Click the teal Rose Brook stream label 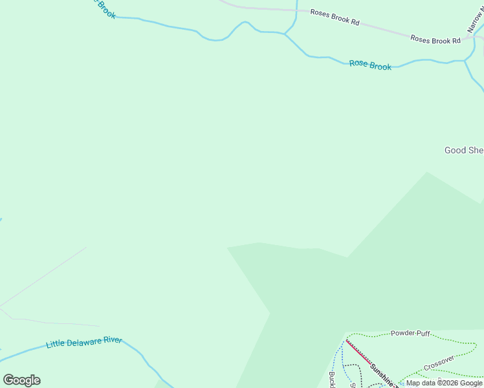(x=370, y=65)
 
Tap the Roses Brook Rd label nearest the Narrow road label (x=435, y=40)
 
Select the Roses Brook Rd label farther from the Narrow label (x=335, y=17)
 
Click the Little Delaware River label (x=84, y=341)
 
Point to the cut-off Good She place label (x=463, y=150)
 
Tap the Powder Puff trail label (x=410, y=333)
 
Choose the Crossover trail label (x=439, y=363)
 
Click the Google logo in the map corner (x=21, y=380)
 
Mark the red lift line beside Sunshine (x=358, y=353)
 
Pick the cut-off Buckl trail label (x=332, y=380)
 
